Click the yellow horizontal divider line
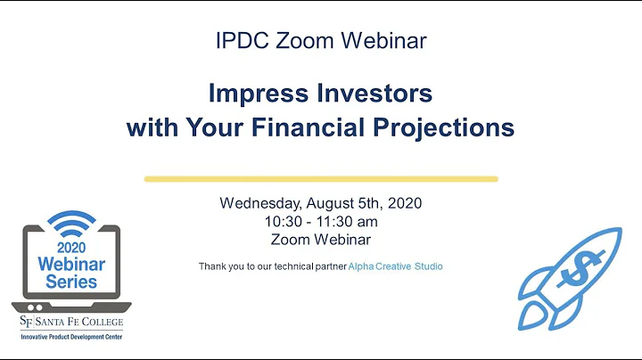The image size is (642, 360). point(321,178)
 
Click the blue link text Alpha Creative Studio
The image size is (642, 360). point(398,266)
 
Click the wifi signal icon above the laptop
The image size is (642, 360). point(72,222)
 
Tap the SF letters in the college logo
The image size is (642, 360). point(29,321)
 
